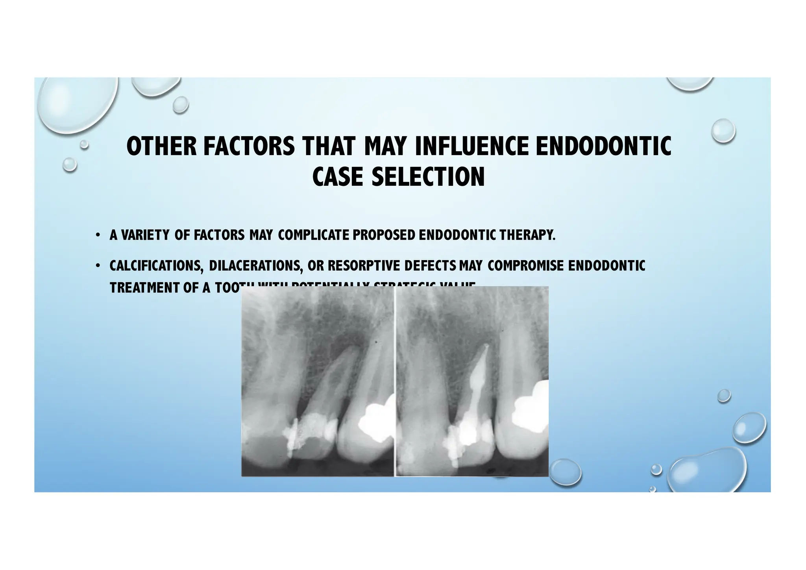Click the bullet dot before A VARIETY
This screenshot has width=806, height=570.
[x=97, y=236]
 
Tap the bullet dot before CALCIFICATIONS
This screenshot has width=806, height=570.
[x=97, y=266]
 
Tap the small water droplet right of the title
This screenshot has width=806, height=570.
[x=723, y=131]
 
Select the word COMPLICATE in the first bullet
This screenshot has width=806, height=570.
[x=313, y=235]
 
